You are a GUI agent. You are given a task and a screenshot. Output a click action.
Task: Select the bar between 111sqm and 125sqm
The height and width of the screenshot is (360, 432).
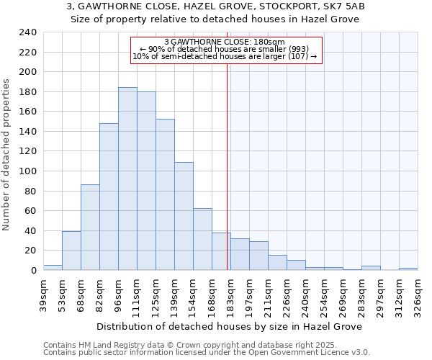point(146,181)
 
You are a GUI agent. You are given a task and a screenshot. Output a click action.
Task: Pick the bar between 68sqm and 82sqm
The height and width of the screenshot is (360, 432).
point(90,227)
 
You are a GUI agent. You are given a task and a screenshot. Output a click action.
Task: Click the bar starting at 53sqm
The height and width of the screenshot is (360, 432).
point(71,251)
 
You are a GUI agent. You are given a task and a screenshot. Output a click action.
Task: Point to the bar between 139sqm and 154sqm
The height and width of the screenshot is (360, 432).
point(184,216)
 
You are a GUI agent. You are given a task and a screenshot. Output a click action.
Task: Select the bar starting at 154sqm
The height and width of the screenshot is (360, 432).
point(202,239)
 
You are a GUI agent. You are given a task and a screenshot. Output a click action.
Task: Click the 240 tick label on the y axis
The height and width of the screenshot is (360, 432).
point(27,32)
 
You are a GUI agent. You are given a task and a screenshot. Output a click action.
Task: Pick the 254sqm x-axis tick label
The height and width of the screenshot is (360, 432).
point(324,294)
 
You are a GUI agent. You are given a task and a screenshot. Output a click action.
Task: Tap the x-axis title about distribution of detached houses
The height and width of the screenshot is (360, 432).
point(228,326)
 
